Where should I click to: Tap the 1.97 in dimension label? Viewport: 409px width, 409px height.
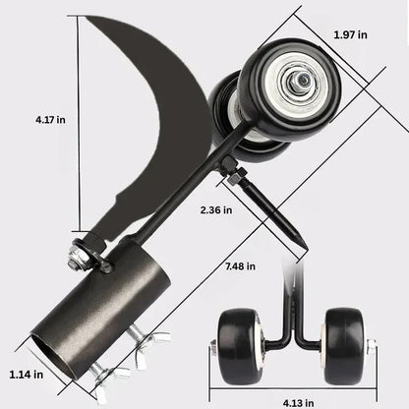click(x=350, y=35)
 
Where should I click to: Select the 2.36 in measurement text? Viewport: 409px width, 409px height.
click(x=214, y=210)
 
